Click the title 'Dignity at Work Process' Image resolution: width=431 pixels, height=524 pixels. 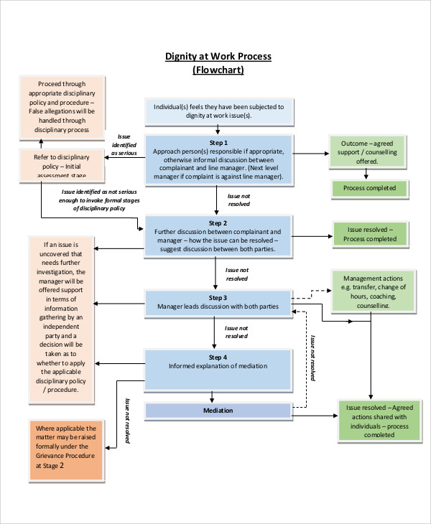click(x=218, y=57)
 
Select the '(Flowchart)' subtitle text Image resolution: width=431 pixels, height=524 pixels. click(x=218, y=70)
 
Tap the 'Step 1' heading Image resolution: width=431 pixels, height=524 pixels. click(x=218, y=143)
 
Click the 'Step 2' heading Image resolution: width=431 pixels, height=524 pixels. click(x=218, y=223)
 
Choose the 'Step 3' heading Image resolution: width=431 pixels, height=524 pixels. click(x=218, y=297)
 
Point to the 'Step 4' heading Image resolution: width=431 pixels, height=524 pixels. click(x=218, y=357)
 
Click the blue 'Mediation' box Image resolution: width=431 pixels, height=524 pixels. click(x=218, y=411)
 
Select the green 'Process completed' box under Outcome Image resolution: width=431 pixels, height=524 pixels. click(x=369, y=189)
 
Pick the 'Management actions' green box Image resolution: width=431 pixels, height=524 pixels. click(x=372, y=291)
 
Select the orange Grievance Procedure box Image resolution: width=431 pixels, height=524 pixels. click(x=66, y=445)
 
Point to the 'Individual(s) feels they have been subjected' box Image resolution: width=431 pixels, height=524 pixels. click(x=218, y=111)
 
